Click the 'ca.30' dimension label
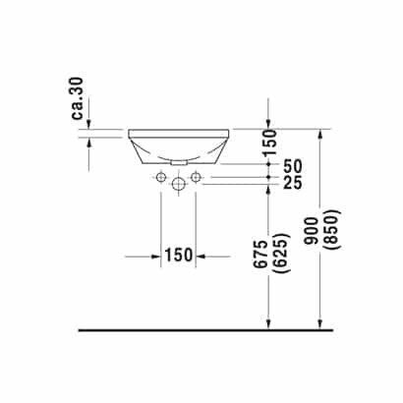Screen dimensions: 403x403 (x=79, y=98)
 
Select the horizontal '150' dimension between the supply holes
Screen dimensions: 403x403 (x=178, y=255)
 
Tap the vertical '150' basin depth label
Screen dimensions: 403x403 (x=271, y=143)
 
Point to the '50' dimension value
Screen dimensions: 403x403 (x=293, y=166)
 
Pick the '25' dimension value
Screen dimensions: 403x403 (x=293, y=183)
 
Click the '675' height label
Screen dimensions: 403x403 (x=262, y=255)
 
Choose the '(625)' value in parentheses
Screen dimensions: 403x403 (x=283, y=254)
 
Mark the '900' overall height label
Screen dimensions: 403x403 (x=312, y=231)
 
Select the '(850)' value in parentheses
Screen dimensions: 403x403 (x=332, y=229)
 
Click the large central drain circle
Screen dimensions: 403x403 (x=178, y=184)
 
